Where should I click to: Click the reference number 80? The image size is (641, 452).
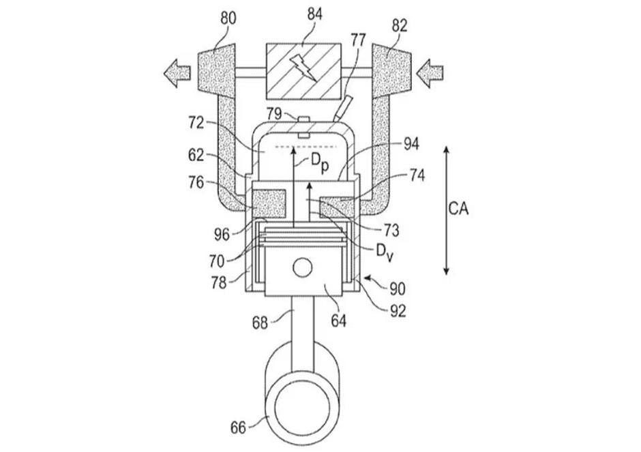(227, 18)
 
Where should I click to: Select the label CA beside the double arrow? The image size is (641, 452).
(458, 209)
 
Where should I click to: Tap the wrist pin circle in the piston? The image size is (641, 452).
(301, 267)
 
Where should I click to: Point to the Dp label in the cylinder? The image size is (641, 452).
(320, 161)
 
